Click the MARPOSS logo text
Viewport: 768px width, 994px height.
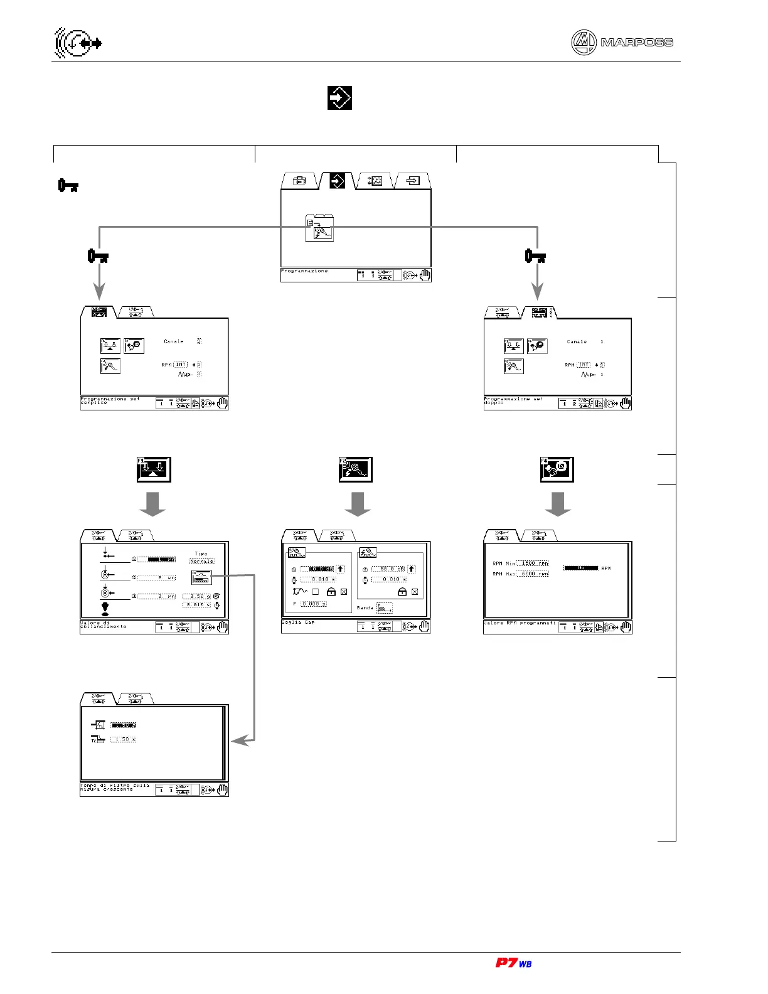[x=636, y=43]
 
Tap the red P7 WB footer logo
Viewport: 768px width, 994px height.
[x=513, y=963]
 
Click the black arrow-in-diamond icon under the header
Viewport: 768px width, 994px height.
[x=339, y=98]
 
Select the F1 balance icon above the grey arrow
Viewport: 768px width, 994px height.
[x=154, y=469]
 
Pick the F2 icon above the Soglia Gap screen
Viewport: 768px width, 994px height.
[x=355, y=469]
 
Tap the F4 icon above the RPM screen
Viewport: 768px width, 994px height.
[x=557, y=469]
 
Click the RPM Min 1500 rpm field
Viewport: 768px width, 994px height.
[x=532, y=564]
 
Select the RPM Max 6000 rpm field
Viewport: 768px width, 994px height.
[x=532, y=574]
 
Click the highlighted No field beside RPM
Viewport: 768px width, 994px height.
[x=580, y=568]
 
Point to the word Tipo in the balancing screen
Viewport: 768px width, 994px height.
[x=201, y=554]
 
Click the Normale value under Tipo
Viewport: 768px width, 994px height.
[x=202, y=562]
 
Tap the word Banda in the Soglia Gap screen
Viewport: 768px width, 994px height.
[x=365, y=608]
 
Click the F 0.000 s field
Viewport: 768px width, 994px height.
[x=313, y=604]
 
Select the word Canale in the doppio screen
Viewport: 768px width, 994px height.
[x=577, y=342]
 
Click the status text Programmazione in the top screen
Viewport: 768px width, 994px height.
[x=304, y=271]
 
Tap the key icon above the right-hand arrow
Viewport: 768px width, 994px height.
[x=535, y=256]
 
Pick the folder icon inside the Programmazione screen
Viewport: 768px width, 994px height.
[x=319, y=228]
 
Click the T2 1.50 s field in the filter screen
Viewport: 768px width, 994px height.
[x=123, y=740]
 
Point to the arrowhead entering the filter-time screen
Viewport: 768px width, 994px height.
[x=238, y=741]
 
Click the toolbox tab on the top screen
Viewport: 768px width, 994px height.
[x=300, y=181]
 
